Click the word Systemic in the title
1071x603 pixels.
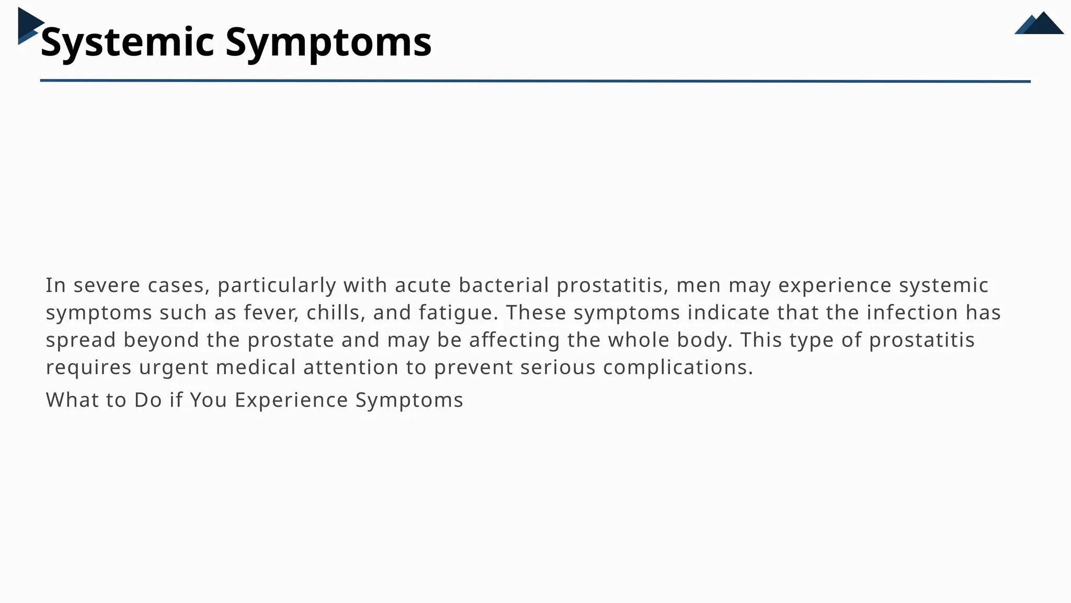pyautogui.click(x=127, y=42)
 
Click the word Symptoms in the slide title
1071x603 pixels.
pyautogui.click(x=328, y=42)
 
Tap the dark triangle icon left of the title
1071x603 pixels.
pyautogui.click(x=29, y=25)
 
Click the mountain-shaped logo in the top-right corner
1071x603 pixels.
pyautogui.click(x=1040, y=24)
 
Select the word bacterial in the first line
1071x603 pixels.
pyautogui.click(x=504, y=286)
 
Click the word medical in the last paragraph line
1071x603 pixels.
pyautogui.click(x=256, y=367)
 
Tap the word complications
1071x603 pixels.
pyautogui.click(x=678, y=367)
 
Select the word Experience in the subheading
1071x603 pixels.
pyautogui.click(x=291, y=400)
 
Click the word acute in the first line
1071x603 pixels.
pyautogui.click(x=423, y=286)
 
